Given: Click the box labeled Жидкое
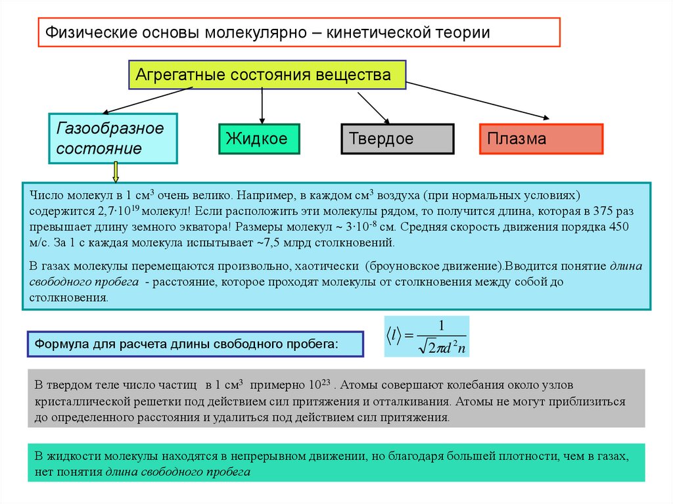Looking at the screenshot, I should (x=258, y=139).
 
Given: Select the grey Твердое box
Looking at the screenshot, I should (x=397, y=139).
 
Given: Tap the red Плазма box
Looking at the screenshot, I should (x=540, y=139).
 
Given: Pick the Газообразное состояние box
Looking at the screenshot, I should (x=112, y=139).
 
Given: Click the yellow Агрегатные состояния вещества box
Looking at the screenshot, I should (x=266, y=75).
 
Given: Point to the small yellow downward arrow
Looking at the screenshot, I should (x=116, y=172).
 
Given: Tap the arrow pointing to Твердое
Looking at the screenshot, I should (x=373, y=106).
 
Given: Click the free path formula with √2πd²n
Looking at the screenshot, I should (x=427, y=337).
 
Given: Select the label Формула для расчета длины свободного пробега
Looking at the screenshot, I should (x=195, y=344).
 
